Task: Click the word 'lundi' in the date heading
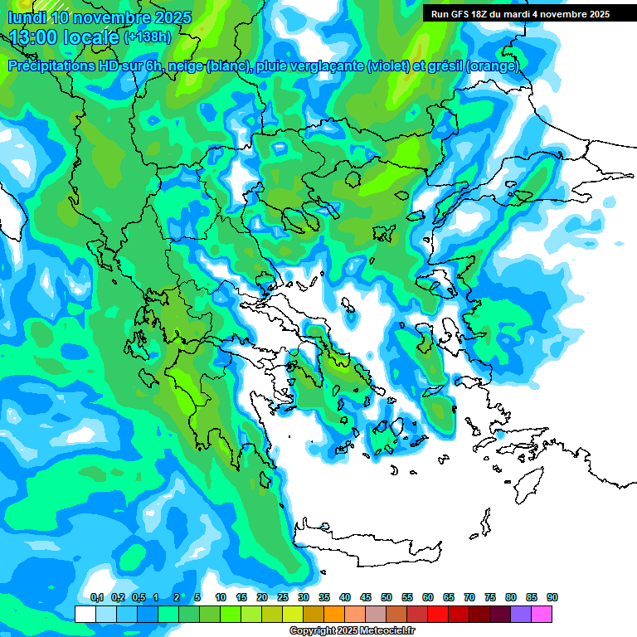coord(27,17)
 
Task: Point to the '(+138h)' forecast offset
coord(148,36)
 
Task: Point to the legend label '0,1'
coord(96,598)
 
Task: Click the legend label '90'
coord(552,598)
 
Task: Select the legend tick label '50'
coord(387,598)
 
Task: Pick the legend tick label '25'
coord(283,598)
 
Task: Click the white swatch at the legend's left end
coord(85,614)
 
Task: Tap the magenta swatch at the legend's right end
coord(542,614)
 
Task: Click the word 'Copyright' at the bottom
coord(314,631)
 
